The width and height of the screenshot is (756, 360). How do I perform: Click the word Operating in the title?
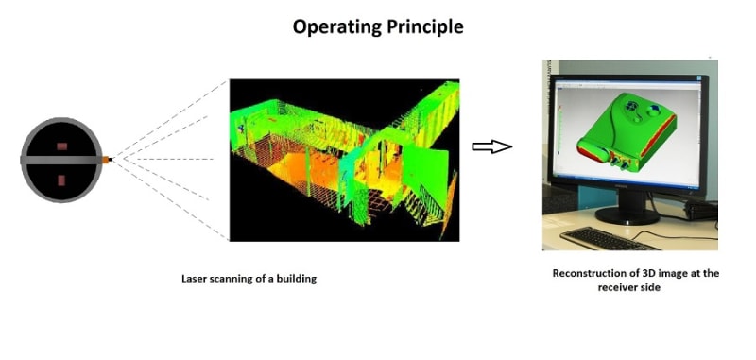337,27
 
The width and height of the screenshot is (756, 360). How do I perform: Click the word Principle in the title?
425,26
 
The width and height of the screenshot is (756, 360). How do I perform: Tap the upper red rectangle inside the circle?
61,146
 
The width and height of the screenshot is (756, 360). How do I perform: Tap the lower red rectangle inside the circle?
61,180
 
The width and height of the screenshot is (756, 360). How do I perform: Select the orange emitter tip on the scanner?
106,160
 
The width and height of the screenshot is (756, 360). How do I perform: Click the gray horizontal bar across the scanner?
61,160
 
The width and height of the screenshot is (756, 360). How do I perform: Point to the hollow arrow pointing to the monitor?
491,146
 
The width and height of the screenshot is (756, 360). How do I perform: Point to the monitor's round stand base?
627,215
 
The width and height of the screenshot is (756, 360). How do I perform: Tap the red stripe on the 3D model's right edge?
659,136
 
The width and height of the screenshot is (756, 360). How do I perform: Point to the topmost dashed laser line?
170,119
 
